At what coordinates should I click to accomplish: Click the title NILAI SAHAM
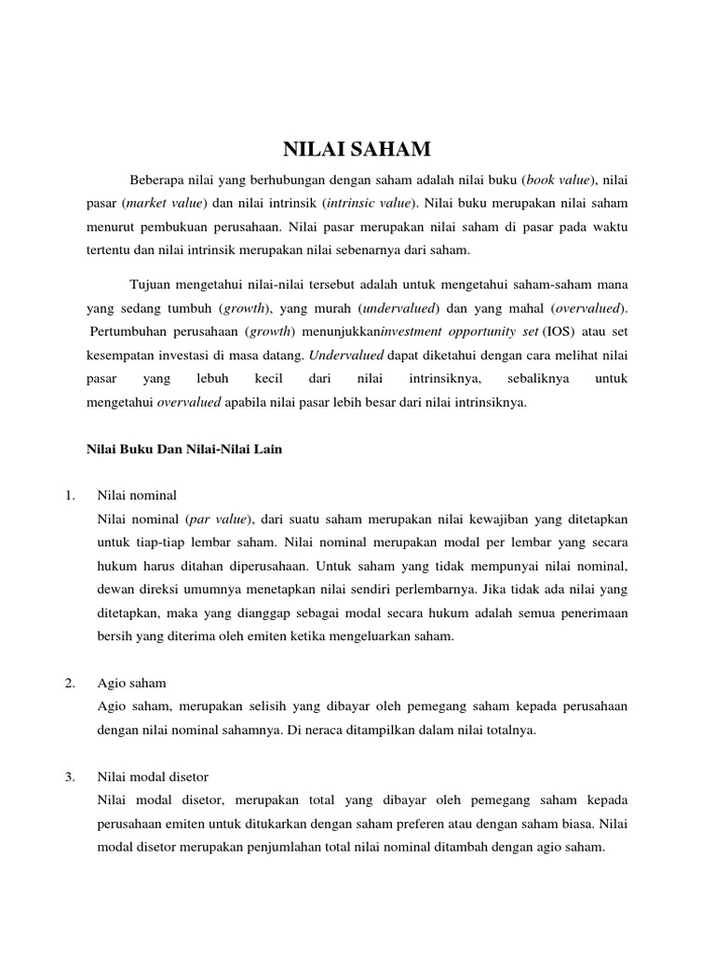357,149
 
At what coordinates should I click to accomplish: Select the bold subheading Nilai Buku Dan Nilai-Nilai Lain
183,449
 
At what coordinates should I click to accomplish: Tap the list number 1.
70,493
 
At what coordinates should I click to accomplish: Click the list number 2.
70,682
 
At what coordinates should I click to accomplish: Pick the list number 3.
70,775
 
